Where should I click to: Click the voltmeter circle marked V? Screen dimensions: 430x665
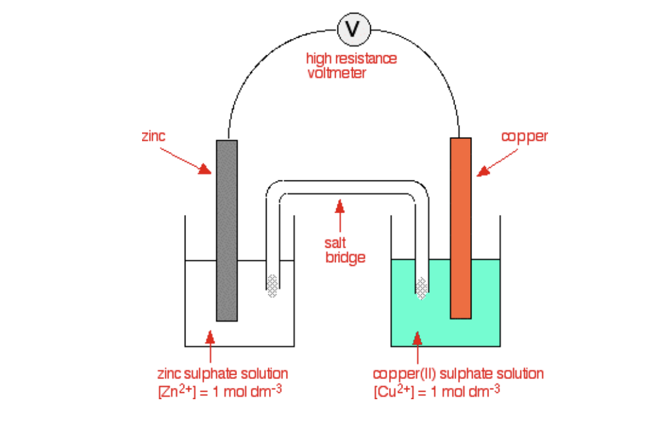pos(354,29)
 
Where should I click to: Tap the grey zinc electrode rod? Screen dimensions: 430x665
pos(227,230)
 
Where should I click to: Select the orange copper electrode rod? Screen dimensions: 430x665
pos(461,228)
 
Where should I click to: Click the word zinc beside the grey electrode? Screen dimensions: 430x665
pos(153,136)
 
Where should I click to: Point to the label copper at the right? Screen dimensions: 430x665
pos(524,136)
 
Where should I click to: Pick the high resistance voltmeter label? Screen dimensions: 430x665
pos(351,65)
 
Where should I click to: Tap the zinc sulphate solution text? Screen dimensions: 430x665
pos(223,373)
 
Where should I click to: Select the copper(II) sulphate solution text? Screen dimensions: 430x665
pos(458,373)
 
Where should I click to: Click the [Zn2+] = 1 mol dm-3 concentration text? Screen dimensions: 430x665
pos(219,392)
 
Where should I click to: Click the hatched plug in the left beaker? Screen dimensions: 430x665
pos(272,286)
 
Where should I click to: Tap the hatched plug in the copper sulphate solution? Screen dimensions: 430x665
pos(422,287)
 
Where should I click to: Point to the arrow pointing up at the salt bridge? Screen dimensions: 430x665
pos(340,216)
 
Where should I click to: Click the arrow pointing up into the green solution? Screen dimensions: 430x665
pos(416,347)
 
